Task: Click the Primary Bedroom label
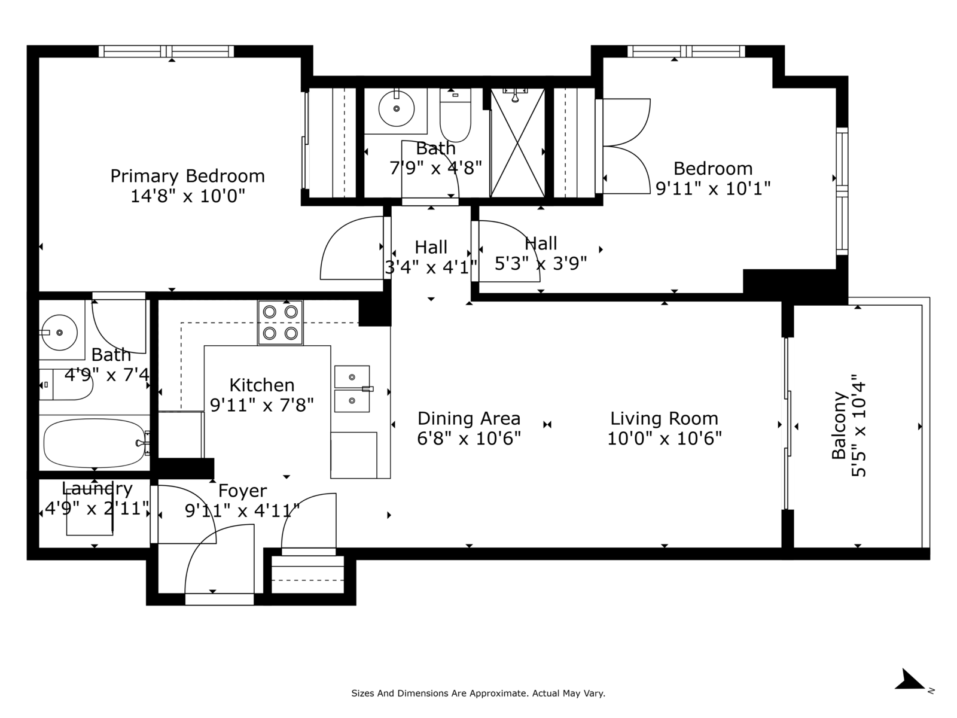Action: [x=187, y=176]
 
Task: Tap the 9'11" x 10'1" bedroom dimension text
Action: [x=714, y=188]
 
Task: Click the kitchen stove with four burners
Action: [x=281, y=323]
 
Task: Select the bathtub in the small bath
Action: [x=95, y=443]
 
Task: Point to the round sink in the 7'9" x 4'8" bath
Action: [x=397, y=108]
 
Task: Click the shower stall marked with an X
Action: [x=517, y=142]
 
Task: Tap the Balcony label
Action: [x=839, y=425]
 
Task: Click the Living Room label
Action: [x=664, y=418]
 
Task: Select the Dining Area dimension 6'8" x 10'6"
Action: [x=469, y=438]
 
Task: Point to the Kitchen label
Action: [x=262, y=385]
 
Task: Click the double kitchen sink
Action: [x=352, y=389]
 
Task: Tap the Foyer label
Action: [x=242, y=491]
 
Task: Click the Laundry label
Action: [x=97, y=489]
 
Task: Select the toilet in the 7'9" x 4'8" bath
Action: [x=456, y=115]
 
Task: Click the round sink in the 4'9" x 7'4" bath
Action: [x=59, y=332]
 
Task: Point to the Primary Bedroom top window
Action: [x=166, y=51]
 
